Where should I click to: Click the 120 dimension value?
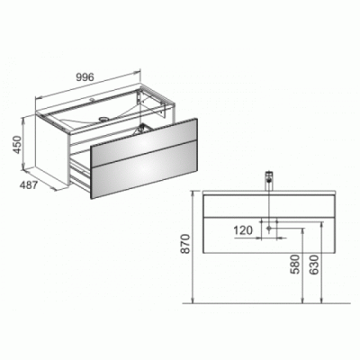[242, 231]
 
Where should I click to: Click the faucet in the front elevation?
[267, 178]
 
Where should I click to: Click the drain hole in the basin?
[101, 117]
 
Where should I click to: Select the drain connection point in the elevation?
[267, 230]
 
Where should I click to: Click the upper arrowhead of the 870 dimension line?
[194, 191]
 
